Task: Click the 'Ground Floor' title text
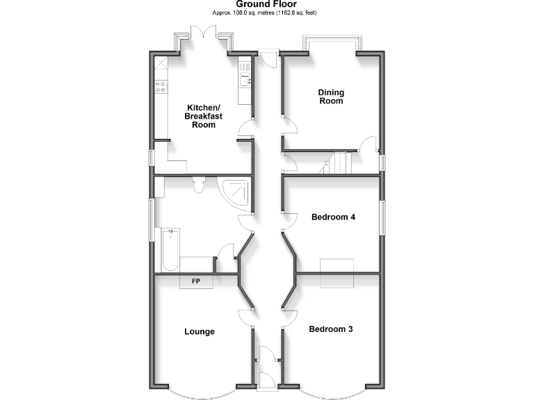[266, 4]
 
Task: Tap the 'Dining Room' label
[331, 97]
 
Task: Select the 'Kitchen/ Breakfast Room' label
[202, 116]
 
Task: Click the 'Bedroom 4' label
[333, 217]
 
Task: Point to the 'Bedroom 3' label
[331, 329]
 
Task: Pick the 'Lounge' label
[200, 332]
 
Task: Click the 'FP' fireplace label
[196, 281]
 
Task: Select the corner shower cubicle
[234, 192]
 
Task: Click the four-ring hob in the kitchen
[161, 87]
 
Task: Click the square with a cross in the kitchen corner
[161, 63]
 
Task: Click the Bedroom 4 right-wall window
[381, 217]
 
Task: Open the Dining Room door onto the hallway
[290, 126]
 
